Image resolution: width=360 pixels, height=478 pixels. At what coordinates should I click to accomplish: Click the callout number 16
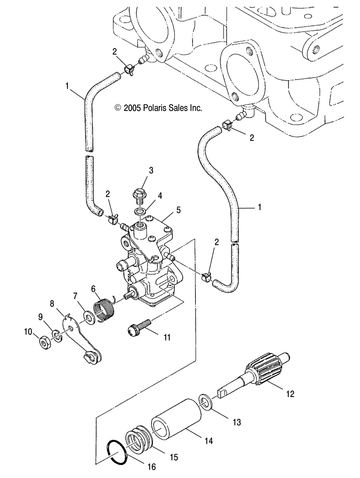tap(152, 467)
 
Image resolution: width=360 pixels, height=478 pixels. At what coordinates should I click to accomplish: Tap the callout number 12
tap(290, 394)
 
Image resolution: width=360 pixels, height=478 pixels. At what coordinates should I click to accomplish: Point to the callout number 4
tap(160, 196)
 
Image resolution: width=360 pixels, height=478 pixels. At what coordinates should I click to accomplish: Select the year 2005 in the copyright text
tap(132, 108)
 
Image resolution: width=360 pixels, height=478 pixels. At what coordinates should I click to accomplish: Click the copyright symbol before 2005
tap(117, 108)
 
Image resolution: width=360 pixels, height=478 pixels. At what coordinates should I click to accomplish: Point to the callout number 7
tap(75, 296)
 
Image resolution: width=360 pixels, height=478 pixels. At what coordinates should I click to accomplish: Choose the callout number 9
tap(41, 317)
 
